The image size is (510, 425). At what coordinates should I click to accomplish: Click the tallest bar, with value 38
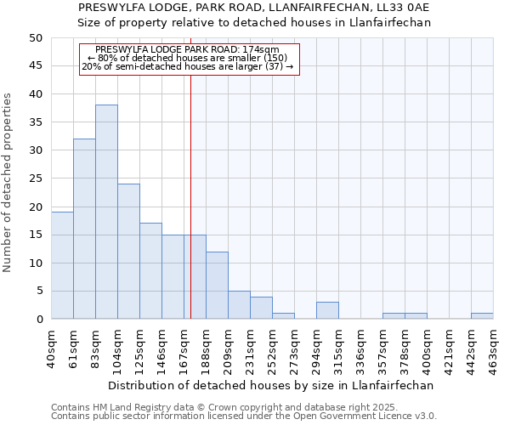[106, 212]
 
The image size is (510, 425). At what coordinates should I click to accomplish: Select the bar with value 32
[84, 229]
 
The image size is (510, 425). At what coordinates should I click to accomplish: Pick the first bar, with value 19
[62, 265]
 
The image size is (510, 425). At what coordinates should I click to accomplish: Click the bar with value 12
[217, 286]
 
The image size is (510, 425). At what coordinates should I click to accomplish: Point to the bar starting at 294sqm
[327, 310]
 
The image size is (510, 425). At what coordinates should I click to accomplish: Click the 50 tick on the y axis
[35, 38]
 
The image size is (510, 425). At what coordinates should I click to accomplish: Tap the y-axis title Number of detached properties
[8, 183]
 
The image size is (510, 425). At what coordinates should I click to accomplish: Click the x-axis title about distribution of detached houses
[271, 385]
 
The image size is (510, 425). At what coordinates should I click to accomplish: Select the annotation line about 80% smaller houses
[188, 58]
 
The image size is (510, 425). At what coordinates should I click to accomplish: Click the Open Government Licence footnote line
[244, 416]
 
